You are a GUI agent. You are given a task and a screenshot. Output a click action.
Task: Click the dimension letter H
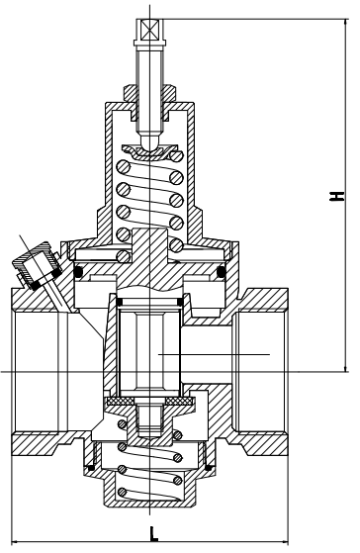point(339,197)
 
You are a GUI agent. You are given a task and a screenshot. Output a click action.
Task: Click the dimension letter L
point(153,535)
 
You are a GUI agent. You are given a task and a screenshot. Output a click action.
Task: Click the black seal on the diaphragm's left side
point(77,271)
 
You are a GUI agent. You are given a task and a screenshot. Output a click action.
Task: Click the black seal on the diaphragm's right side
point(221,271)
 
